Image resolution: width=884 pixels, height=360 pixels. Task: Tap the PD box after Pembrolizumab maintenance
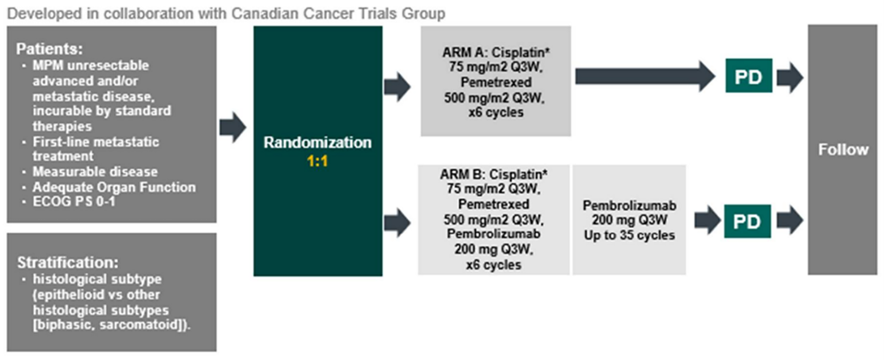(747, 221)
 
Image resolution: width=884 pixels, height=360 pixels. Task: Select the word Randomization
(317, 143)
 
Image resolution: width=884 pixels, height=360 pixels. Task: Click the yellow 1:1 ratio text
(317, 162)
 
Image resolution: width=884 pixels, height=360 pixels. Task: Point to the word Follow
(843, 149)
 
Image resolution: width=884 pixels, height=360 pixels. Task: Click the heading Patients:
(49, 49)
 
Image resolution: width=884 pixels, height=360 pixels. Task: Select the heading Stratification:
(68, 262)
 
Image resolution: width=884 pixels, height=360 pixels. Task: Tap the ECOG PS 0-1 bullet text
(74, 201)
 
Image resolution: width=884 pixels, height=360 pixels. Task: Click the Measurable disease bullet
(95, 172)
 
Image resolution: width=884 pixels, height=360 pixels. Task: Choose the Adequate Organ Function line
(114, 187)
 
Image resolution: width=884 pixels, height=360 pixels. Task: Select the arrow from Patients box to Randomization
(233, 127)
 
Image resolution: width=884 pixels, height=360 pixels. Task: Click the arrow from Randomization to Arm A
(397, 87)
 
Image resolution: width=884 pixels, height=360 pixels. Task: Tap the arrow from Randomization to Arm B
(397, 223)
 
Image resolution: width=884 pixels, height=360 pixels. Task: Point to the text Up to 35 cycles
(629, 235)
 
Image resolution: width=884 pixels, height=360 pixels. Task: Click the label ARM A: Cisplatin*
(496, 52)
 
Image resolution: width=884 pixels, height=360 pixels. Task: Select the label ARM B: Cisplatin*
(494, 174)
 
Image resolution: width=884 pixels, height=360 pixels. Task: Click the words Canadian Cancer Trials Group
(338, 13)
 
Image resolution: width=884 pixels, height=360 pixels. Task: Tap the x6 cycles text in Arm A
(496, 112)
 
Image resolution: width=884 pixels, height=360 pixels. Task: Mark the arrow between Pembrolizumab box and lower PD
(707, 221)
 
